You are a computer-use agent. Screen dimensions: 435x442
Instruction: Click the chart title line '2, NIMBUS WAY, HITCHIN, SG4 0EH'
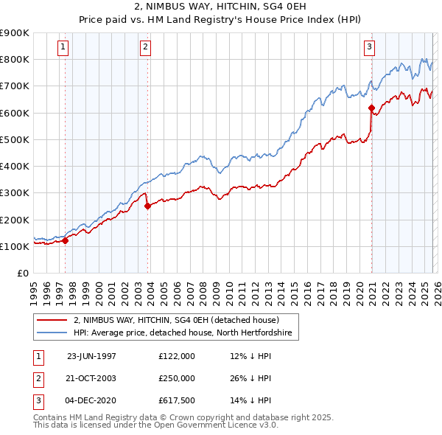tap(220, 7)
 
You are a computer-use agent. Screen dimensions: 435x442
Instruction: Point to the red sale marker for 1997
tap(66, 240)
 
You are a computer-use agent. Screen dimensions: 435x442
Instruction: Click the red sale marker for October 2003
tap(148, 206)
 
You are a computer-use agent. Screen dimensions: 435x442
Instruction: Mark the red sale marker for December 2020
tap(371, 108)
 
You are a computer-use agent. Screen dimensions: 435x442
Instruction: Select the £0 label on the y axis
tap(22, 273)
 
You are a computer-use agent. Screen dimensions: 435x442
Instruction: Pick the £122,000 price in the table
tap(177, 355)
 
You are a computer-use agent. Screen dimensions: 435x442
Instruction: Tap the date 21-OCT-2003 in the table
tap(91, 378)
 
